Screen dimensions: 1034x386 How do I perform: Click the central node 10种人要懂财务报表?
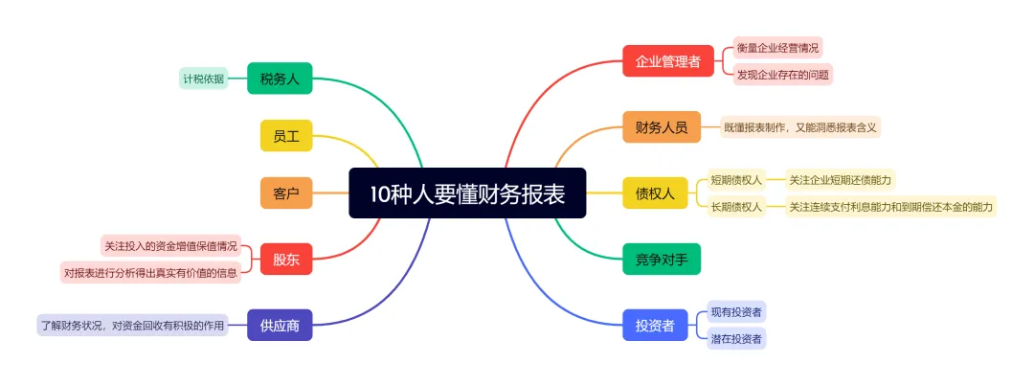point(467,193)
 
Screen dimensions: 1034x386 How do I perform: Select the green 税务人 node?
point(280,79)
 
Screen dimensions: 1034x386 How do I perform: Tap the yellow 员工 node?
point(286,136)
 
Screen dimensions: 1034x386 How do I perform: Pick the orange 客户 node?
point(286,193)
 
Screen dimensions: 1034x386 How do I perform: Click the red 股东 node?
point(286,259)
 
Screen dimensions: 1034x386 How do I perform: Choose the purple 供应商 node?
point(280,326)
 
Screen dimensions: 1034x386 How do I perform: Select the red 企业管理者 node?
point(667,61)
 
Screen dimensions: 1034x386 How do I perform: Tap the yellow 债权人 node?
point(655,193)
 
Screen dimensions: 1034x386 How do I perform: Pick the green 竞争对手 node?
point(661,259)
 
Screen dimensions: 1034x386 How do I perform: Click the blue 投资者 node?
point(655,326)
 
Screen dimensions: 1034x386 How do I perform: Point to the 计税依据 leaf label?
point(203,79)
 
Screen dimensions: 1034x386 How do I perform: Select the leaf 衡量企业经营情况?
point(778,47)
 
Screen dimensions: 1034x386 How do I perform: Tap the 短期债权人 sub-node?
point(735,179)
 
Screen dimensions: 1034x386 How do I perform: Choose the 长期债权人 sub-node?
point(735,206)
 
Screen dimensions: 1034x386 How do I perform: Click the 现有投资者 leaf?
point(735,312)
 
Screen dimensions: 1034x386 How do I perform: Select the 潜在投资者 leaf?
point(735,338)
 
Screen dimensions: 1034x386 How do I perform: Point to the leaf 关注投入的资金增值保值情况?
point(169,246)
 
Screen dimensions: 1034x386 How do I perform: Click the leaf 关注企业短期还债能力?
point(840,179)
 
